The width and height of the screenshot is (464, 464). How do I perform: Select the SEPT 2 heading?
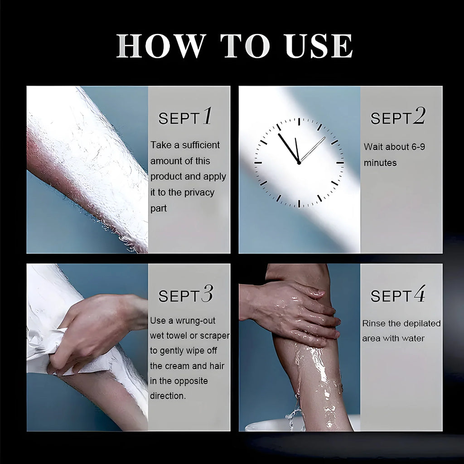(x=398, y=117)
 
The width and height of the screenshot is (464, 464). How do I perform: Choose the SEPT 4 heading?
(x=398, y=295)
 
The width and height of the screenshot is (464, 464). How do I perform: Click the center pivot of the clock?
(x=299, y=162)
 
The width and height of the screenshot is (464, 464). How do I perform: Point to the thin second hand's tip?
(x=325, y=137)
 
